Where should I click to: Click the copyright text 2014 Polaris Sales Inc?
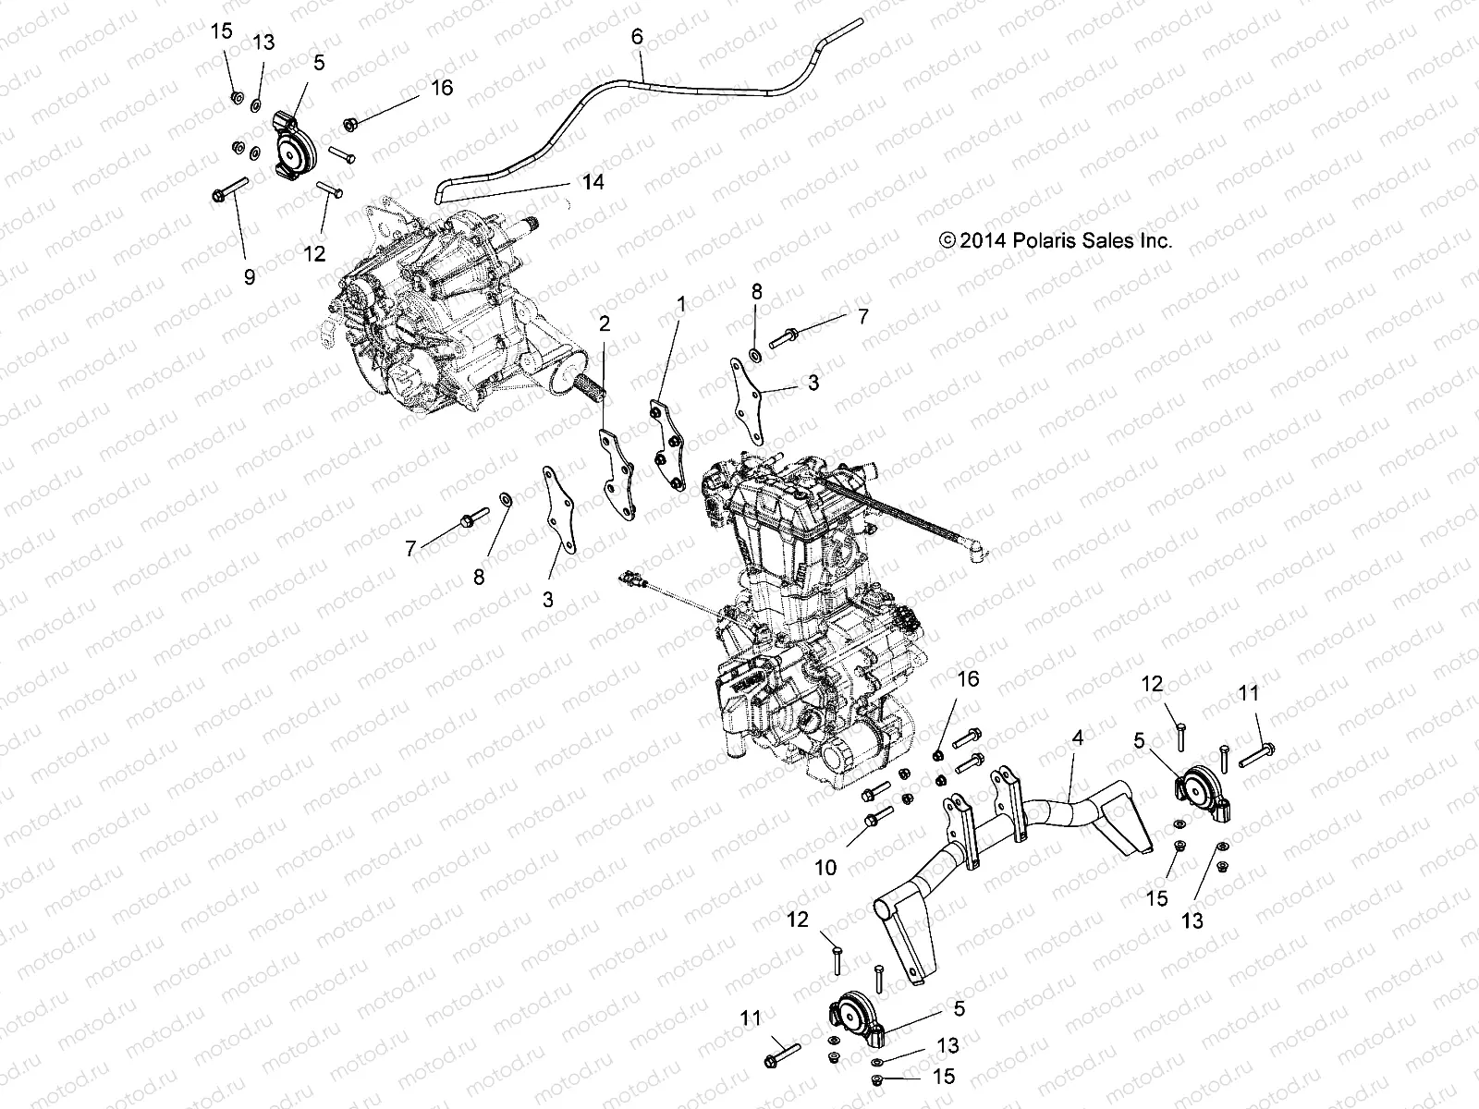(x=1055, y=241)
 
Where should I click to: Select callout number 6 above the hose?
(x=636, y=37)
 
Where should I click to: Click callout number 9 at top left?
(x=249, y=275)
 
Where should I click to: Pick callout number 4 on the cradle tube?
(x=1077, y=737)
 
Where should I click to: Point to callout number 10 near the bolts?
(x=825, y=867)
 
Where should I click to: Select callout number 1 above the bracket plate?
(x=681, y=303)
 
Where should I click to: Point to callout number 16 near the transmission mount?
(x=442, y=88)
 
